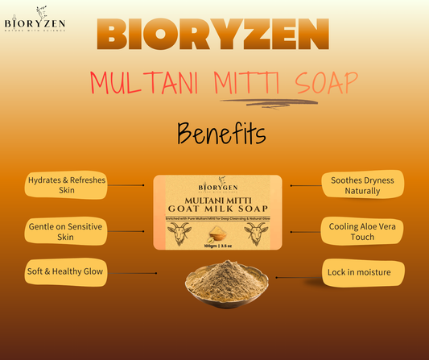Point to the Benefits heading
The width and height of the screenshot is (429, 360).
click(x=215, y=131)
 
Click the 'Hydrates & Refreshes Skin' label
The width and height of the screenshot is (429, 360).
click(x=67, y=185)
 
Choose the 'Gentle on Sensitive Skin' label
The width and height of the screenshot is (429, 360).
click(x=67, y=231)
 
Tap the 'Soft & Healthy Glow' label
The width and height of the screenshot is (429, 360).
click(x=67, y=273)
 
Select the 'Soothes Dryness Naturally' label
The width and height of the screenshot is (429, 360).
click(x=362, y=185)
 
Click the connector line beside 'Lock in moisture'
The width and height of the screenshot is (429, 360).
click(x=299, y=275)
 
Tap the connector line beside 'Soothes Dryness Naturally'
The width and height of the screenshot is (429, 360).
click(x=303, y=185)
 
